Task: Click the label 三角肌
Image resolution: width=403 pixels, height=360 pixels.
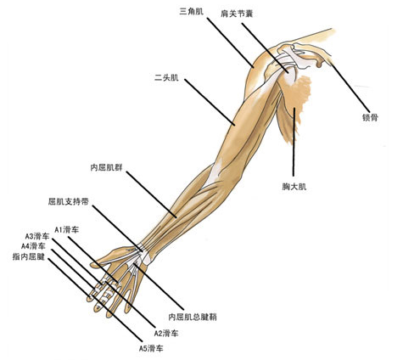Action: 192,11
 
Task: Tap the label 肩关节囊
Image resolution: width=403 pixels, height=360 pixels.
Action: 237,14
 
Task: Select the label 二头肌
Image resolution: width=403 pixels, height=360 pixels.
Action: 166,77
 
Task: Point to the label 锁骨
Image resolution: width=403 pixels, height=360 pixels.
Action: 370,117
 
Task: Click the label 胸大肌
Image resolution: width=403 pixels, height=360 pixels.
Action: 294,187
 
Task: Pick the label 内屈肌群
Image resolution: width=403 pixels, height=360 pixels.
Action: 106,167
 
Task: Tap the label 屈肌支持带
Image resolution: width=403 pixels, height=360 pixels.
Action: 69,201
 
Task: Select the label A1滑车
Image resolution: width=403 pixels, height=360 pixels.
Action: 67,229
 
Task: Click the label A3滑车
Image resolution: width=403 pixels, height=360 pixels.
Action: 37,236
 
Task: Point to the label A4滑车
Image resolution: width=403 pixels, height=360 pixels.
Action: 33,245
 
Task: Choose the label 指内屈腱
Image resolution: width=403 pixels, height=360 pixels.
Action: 29,256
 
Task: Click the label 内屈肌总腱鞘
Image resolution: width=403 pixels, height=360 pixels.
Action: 193,317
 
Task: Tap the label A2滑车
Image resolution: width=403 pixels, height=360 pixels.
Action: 166,333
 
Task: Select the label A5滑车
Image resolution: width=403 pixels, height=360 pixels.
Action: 151,348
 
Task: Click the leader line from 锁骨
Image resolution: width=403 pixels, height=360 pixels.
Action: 350,88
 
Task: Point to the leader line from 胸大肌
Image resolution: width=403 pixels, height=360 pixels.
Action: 294,142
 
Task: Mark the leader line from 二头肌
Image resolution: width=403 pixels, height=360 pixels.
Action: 210,102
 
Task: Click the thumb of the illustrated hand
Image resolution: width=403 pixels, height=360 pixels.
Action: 112,256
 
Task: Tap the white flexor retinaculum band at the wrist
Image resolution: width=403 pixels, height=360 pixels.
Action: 145,254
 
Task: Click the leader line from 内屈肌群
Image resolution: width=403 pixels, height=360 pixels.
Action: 152,194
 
